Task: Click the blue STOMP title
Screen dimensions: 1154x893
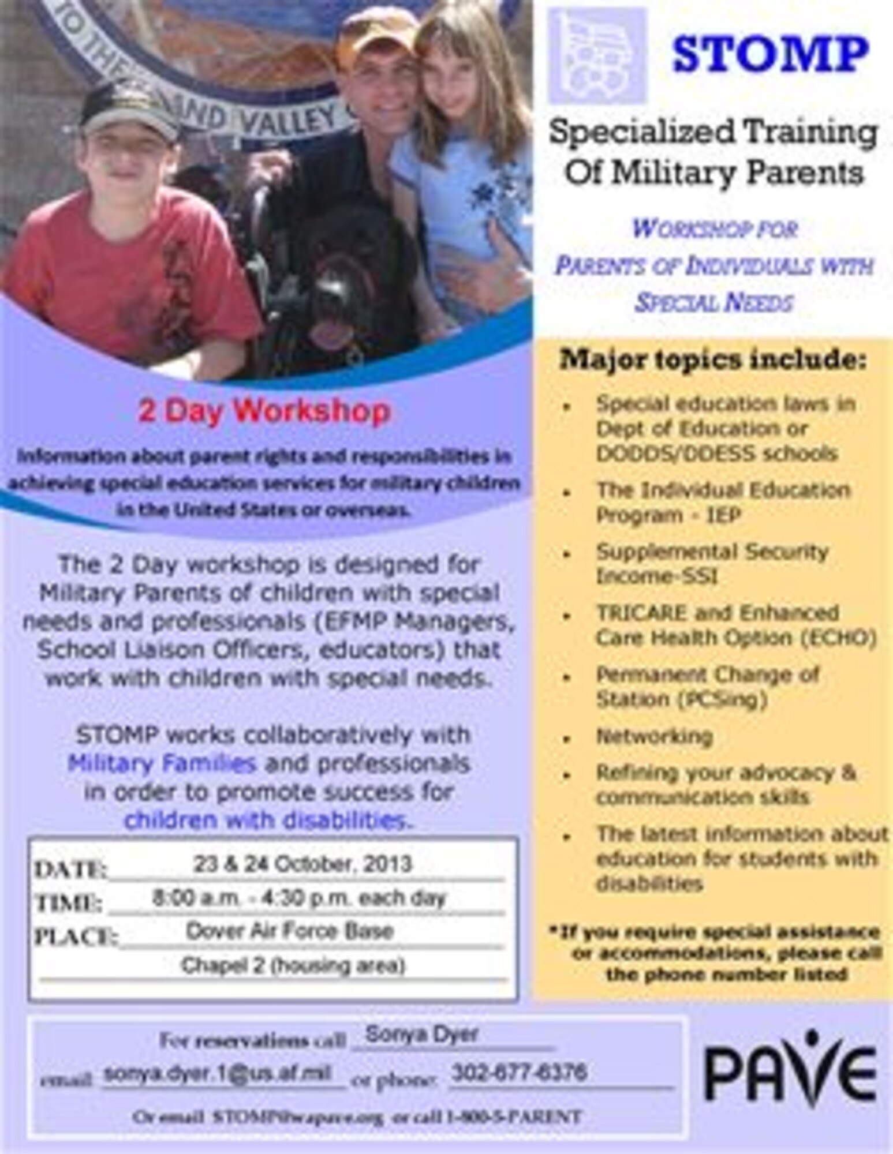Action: tap(770, 54)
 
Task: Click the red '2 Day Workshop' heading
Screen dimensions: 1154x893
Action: tap(264, 412)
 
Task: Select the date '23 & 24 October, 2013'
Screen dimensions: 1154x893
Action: tap(302, 864)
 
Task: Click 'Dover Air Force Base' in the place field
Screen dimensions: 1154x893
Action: tap(289, 931)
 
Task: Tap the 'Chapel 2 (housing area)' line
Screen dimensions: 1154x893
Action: tap(293, 965)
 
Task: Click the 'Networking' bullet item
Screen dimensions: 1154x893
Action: tap(654, 737)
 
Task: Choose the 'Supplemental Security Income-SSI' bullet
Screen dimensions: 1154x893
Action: tap(712, 564)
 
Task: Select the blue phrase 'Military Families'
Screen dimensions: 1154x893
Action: tap(162, 763)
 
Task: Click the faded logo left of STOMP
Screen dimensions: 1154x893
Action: tap(597, 55)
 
